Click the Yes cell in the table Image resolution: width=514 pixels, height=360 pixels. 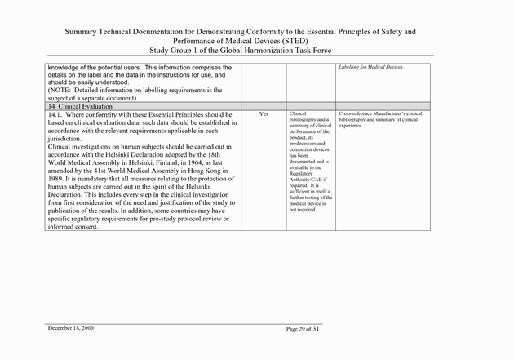click(x=264, y=114)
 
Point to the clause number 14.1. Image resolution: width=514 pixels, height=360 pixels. click(x=57, y=114)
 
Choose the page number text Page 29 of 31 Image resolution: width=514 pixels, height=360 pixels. click(x=304, y=328)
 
